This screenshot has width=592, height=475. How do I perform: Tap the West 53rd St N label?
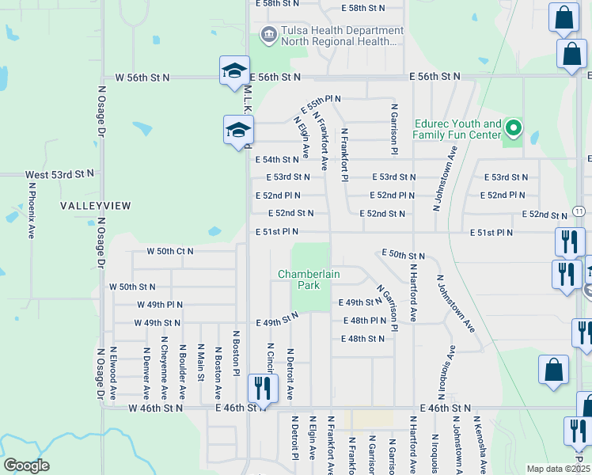point(59,173)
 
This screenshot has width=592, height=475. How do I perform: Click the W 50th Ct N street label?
point(170,251)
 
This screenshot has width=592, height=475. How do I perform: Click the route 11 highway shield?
point(579,211)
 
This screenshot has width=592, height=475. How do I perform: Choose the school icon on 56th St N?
point(235,70)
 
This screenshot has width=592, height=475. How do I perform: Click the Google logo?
point(26,465)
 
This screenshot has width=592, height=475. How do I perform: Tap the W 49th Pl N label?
point(160,304)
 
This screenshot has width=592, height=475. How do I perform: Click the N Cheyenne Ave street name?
point(164,370)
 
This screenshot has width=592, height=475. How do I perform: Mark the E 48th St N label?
point(362,339)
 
